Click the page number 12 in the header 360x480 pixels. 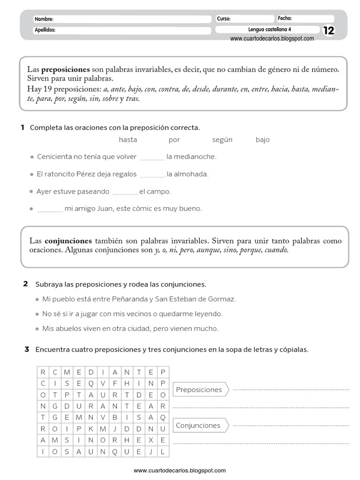[329, 30]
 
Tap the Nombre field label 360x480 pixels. [44, 19]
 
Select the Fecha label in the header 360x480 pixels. [285, 18]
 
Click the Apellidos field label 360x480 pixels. [45, 30]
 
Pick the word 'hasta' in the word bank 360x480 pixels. [128, 140]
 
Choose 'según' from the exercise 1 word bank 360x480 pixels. [222, 140]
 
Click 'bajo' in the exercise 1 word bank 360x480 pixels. [262, 140]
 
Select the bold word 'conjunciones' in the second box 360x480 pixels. [68, 240]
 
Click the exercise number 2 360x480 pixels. [26, 284]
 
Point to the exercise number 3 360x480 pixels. [27, 349]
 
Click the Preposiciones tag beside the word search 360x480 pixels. [199, 390]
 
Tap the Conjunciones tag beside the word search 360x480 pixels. [198, 426]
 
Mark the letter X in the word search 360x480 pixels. [150, 440]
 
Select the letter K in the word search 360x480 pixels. [90, 429]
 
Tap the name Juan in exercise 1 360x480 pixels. [103, 209]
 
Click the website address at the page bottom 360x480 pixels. [180, 470]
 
